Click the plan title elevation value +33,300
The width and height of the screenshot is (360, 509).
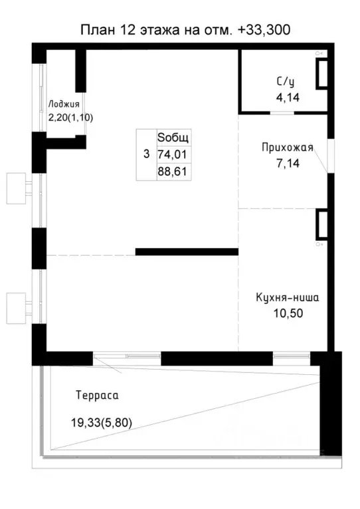264,30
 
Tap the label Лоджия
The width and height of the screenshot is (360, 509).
64,105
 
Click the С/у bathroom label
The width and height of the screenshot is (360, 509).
286,82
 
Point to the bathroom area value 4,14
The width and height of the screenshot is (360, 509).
288,98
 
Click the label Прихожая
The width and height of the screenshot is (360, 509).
288,148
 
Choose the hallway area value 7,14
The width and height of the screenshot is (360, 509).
288,163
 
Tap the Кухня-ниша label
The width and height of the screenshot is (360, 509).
287,297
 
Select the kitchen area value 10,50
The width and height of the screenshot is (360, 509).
288,313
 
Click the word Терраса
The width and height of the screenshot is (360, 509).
97,396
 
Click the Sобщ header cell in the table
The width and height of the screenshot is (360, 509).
174,137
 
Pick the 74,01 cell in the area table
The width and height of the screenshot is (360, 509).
174,155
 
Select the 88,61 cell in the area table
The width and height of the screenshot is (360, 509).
174,171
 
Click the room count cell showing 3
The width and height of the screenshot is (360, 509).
147,154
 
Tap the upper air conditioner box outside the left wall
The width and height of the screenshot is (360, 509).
16,188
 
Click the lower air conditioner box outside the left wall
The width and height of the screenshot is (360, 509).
16,308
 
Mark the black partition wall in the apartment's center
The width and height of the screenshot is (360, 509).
187,252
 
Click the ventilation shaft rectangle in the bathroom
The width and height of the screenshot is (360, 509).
321,74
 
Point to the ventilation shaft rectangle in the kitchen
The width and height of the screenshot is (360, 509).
321,224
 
